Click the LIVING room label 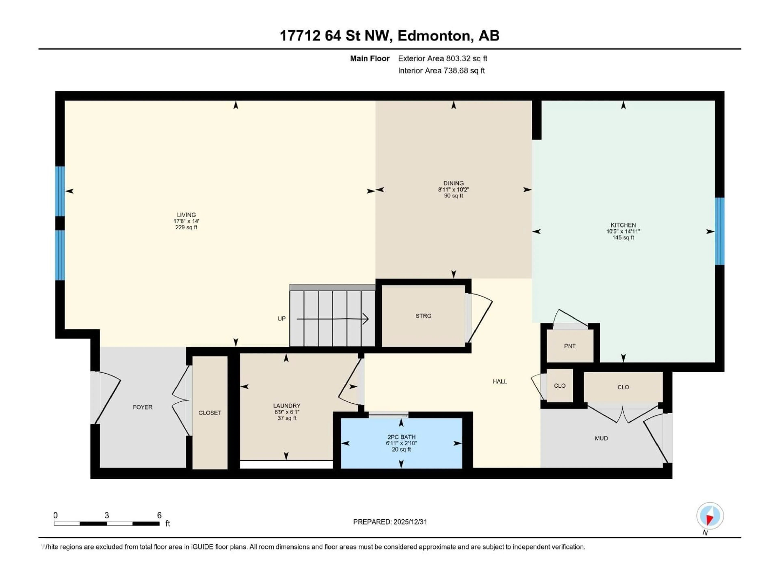tap(186, 215)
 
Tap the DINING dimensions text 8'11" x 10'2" tap(453, 189)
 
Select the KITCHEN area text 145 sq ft tap(623, 238)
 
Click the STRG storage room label tap(423, 316)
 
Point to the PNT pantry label tap(570, 346)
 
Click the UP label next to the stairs tap(281, 319)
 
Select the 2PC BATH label tap(401, 437)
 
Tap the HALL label tap(500, 381)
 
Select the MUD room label tap(601, 438)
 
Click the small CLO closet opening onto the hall tap(560, 386)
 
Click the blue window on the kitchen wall tap(719, 231)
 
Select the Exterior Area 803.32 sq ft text tap(443, 58)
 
